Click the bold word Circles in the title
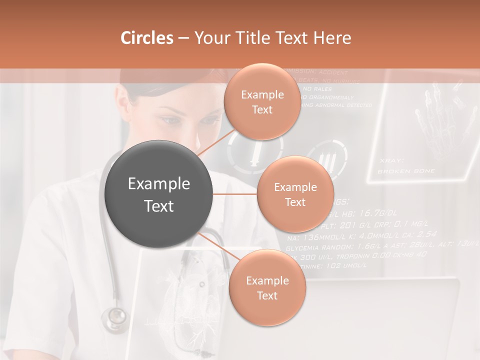(147, 38)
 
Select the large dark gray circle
(159, 194)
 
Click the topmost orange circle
(262, 102)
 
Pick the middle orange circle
(295, 194)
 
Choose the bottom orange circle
(267, 288)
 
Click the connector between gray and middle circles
(235, 194)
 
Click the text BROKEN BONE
(406, 171)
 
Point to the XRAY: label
(391, 160)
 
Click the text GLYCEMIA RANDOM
(318, 247)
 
